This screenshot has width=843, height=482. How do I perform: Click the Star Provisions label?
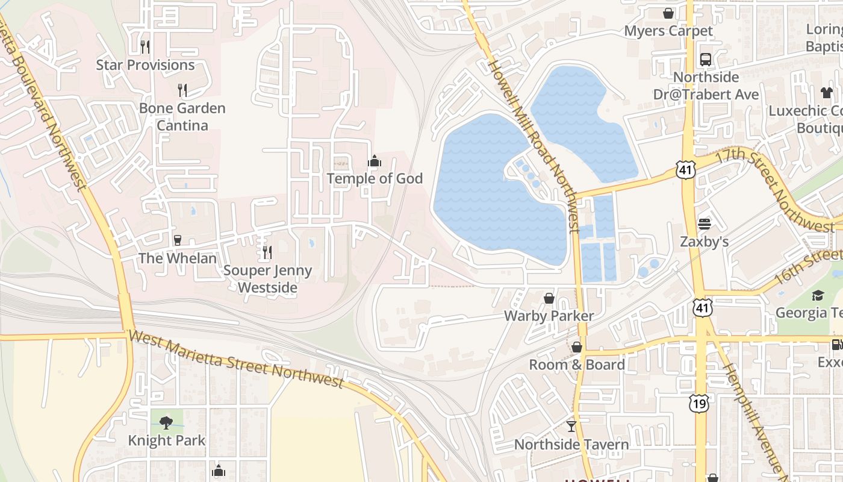pyautogui.click(x=145, y=65)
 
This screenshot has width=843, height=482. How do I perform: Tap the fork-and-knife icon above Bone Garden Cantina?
pyautogui.click(x=182, y=90)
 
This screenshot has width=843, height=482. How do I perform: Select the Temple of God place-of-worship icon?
pyautogui.click(x=375, y=161)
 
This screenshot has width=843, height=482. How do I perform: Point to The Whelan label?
pyautogui.click(x=177, y=258)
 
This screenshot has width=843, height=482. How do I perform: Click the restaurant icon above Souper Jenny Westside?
pyautogui.click(x=267, y=252)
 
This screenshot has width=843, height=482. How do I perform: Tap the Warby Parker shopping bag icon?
pyautogui.click(x=549, y=298)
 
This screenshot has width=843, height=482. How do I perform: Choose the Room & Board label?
pyautogui.click(x=576, y=365)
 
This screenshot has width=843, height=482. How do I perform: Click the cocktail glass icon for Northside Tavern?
pyautogui.click(x=571, y=427)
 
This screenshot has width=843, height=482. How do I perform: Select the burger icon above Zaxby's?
pyautogui.click(x=705, y=224)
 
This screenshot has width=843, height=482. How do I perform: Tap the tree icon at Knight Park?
pyautogui.click(x=166, y=423)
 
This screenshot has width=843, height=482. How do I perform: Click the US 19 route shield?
pyautogui.click(x=700, y=403)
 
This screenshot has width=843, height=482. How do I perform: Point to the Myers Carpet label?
pyautogui.click(x=668, y=31)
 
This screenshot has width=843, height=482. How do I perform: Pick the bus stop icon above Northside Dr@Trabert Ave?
pyautogui.click(x=706, y=60)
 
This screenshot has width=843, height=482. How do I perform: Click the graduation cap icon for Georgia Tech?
pyautogui.click(x=817, y=295)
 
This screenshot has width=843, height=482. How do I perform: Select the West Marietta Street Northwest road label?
pyautogui.click(x=236, y=359)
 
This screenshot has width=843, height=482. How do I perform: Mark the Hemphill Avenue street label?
pyautogui.click(x=754, y=416)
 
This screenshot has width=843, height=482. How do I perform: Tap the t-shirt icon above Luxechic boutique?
pyautogui.click(x=826, y=93)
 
